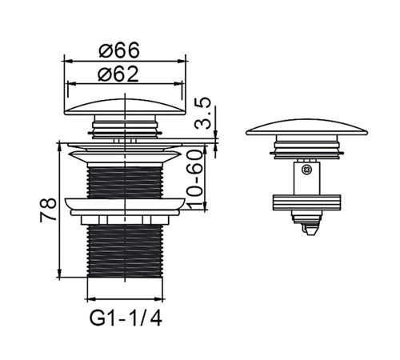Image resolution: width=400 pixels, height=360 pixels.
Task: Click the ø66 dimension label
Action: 119,50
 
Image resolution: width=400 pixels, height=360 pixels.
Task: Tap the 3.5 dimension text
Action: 202,114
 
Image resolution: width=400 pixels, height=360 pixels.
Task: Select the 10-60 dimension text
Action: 194,179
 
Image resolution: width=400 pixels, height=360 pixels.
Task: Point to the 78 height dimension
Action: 48,210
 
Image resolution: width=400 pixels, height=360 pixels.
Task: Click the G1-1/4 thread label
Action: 126,318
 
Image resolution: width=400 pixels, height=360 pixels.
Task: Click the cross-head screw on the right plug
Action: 306,170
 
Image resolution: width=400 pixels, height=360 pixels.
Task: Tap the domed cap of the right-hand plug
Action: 307,127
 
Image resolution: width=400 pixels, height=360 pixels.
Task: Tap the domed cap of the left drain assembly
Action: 125,107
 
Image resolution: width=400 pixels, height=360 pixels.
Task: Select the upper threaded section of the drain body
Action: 125,182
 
